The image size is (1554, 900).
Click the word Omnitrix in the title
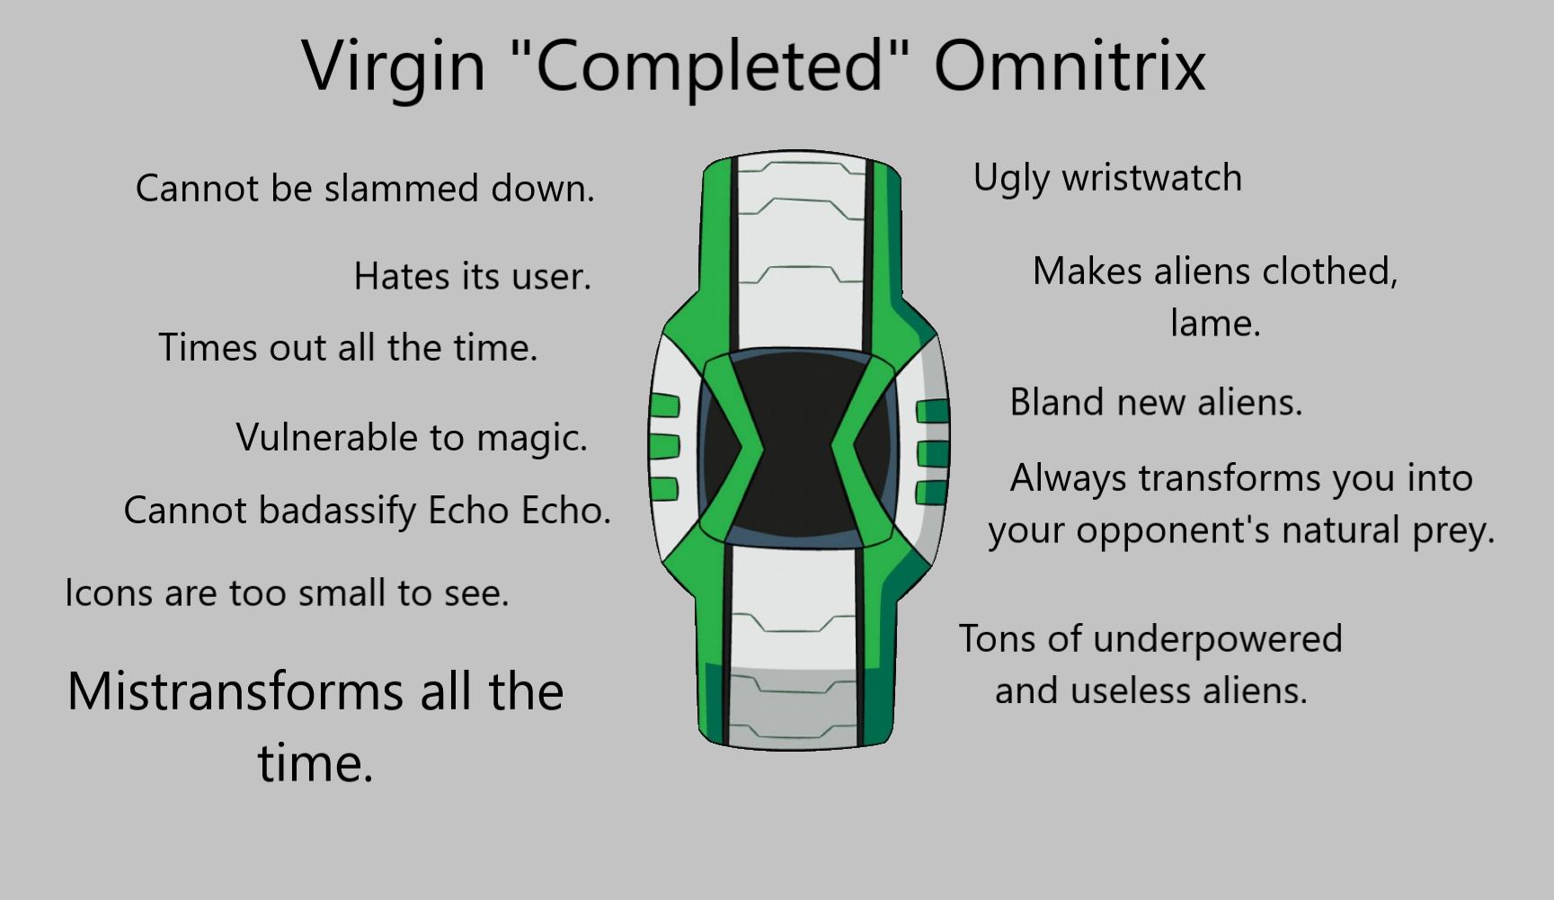1070,66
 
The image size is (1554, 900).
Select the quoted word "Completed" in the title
709,66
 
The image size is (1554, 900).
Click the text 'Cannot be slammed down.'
365,189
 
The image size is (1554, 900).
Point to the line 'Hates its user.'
473,277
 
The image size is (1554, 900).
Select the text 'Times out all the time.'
348,348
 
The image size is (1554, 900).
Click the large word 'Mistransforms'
236,692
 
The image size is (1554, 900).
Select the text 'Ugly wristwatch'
1107,178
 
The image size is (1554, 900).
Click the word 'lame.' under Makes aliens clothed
1215,324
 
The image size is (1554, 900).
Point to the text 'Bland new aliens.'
1156,402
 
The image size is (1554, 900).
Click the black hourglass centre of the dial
797,447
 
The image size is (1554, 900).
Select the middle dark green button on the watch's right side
932,451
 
